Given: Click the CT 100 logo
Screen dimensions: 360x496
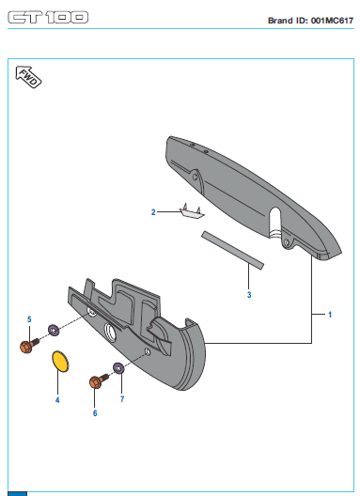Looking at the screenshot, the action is click(x=48, y=18).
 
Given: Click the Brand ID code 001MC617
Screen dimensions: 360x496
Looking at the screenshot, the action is click(x=332, y=21).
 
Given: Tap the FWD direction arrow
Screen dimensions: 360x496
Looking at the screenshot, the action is click(x=28, y=77).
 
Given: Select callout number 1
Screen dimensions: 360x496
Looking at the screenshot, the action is click(x=330, y=315).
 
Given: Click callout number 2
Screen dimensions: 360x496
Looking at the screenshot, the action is click(x=153, y=212).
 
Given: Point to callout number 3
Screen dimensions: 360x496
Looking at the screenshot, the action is click(x=249, y=295).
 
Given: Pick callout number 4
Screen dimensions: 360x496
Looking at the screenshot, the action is click(x=57, y=400).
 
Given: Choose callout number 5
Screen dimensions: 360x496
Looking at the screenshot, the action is click(x=29, y=319).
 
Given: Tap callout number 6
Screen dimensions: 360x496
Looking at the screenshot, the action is click(x=95, y=412).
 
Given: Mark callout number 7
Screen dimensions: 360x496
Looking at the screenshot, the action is click(x=122, y=399).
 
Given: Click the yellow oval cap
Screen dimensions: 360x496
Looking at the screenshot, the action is click(x=60, y=362).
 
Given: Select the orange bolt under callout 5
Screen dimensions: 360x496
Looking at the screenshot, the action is click(x=29, y=346).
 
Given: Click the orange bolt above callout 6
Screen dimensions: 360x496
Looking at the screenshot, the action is click(x=99, y=380).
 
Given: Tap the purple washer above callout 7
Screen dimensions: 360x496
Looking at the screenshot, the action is click(x=118, y=368).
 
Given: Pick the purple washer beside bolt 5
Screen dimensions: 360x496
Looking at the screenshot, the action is click(x=54, y=330).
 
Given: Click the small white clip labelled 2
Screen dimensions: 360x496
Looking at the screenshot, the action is click(x=192, y=212).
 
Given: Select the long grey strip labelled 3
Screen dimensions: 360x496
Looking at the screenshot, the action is click(x=232, y=250).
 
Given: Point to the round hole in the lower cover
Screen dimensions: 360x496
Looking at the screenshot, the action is click(x=111, y=333).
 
